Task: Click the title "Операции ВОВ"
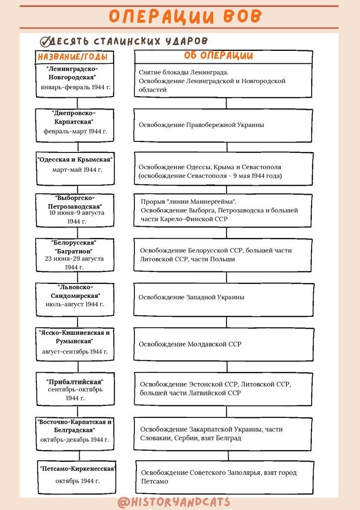click(x=185, y=16)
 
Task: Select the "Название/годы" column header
click(x=73, y=57)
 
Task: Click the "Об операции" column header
click(x=219, y=56)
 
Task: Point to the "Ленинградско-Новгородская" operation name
click(x=72, y=73)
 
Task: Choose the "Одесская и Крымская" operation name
click(x=75, y=159)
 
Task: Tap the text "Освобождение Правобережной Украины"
click(x=201, y=125)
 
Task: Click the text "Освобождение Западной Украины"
click(x=192, y=297)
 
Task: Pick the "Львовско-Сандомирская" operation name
click(x=75, y=291)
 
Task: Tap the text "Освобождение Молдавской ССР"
click(x=190, y=344)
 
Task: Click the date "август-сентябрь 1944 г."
click(x=75, y=352)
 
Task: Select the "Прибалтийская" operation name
click(x=74, y=382)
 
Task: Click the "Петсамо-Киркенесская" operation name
click(x=78, y=469)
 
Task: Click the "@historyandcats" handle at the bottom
click(x=174, y=502)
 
